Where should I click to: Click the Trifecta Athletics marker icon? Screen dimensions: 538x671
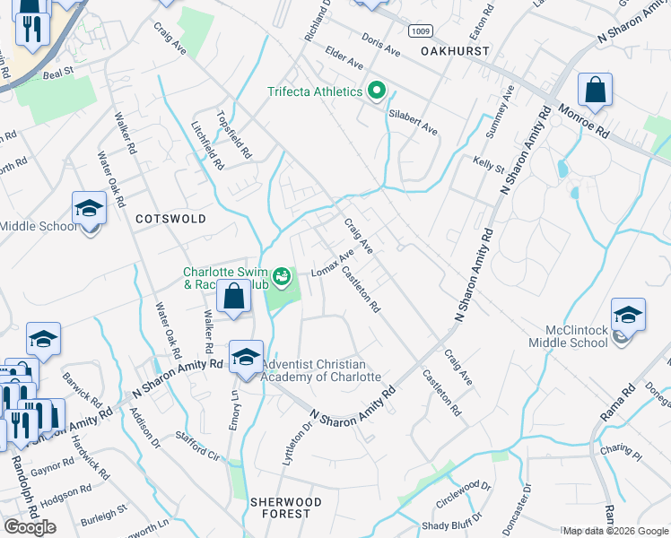click(377, 91)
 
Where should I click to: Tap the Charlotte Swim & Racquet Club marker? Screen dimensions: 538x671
click(283, 277)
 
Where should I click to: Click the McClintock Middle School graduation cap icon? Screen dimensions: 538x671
click(628, 316)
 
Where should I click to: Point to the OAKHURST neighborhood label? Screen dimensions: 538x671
click(456, 51)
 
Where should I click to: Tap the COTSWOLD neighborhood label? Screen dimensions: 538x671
click(170, 219)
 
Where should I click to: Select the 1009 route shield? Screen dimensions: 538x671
click(420, 31)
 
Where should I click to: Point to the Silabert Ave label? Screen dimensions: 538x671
click(413, 123)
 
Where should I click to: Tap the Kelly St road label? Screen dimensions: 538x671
click(489, 165)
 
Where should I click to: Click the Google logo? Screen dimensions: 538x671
click(30, 527)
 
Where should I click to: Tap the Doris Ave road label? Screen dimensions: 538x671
click(380, 39)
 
